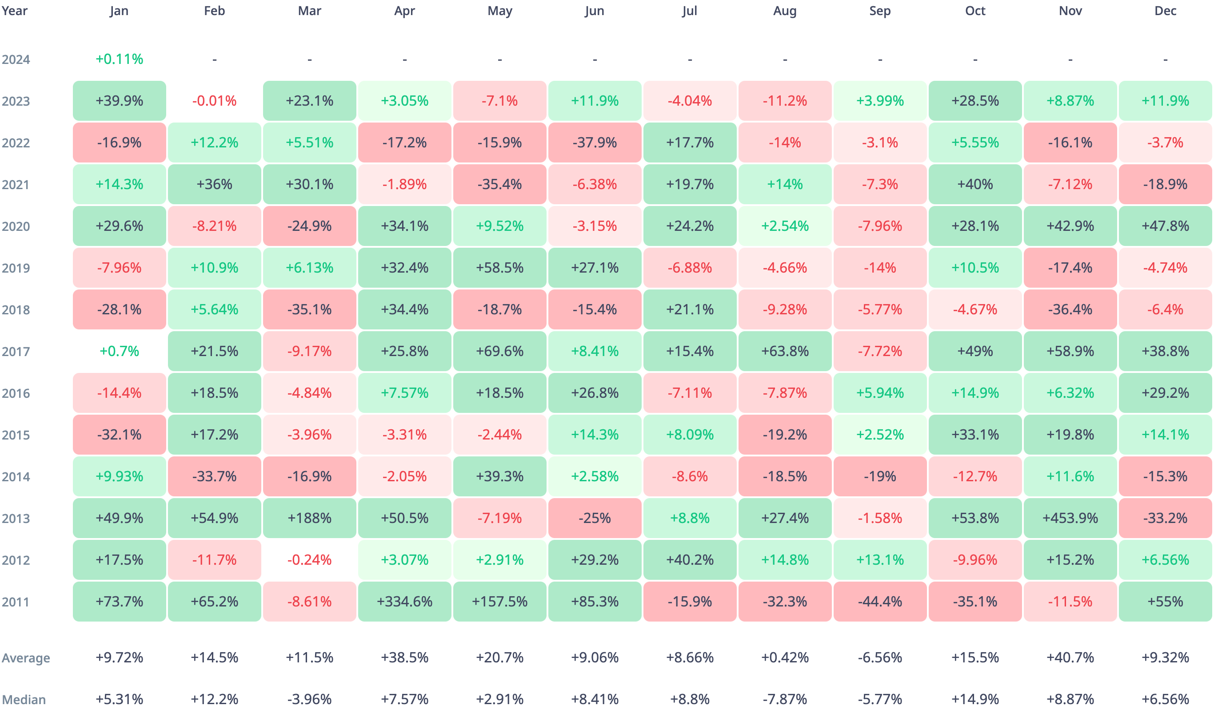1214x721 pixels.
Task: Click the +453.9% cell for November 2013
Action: click(1070, 518)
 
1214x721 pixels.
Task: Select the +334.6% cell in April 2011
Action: click(404, 602)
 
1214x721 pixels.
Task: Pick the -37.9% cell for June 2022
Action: click(595, 143)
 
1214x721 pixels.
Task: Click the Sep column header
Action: click(879, 11)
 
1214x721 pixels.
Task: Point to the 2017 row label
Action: click(16, 351)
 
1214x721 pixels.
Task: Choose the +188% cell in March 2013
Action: click(309, 518)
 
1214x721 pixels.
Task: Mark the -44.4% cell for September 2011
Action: click(879, 602)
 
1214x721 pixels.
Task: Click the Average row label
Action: click(26, 658)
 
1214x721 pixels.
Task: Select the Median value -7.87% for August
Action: click(785, 699)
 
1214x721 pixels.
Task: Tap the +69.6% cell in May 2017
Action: click(499, 351)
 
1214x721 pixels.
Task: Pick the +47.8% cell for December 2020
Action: click(1165, 226)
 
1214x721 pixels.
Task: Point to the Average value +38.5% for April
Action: click(404, 658)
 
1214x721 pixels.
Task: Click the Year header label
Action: click(15, 11)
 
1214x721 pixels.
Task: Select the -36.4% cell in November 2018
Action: click(1070, 309)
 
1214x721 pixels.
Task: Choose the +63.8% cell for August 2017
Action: click(785, 351)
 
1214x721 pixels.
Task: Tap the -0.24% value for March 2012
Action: click(309, 560)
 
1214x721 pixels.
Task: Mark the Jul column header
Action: click(689, 11)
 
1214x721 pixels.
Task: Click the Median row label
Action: click(24, 700)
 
